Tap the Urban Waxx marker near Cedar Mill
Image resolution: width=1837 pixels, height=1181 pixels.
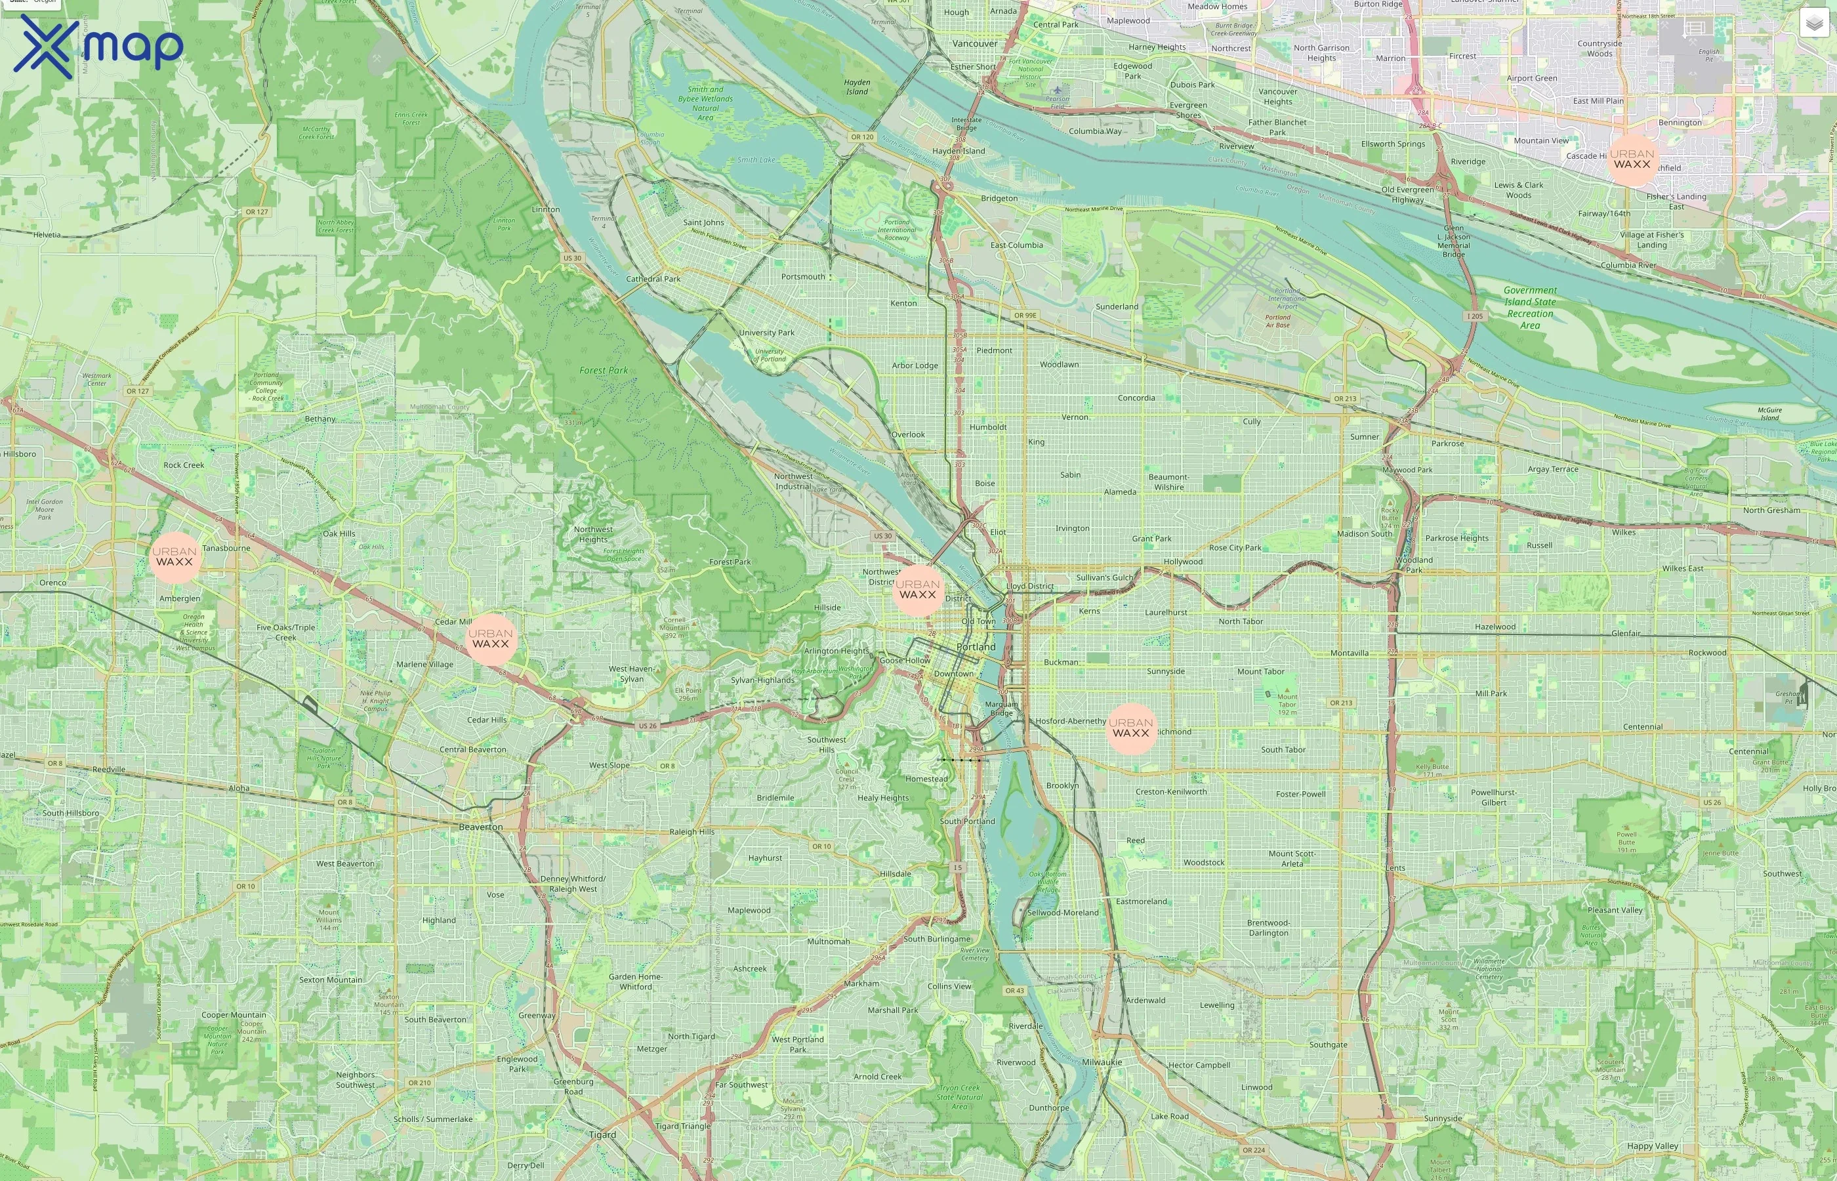pos(491,639)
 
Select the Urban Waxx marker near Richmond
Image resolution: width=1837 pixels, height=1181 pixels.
pos(1131,728)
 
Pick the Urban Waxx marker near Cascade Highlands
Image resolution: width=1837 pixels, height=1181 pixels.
pos(1632,159)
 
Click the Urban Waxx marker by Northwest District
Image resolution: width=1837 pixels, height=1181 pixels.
pos(918,590)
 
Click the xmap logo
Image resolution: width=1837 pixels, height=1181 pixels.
pos(98,46)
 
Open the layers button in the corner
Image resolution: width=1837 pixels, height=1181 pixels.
pos(1814,23)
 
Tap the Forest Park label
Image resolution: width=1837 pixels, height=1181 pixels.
pos(604,371)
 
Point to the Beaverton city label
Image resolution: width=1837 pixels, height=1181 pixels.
pos(481,827)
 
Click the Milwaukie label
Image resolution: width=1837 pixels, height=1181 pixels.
pos(1102,1062)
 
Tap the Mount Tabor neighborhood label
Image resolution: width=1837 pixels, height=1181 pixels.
pos(1260,672)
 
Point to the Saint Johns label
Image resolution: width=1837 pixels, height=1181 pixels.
pos(703,222)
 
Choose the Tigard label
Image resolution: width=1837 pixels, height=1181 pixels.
pos(603,1135)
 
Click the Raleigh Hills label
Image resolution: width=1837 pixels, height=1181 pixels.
pos(691,831)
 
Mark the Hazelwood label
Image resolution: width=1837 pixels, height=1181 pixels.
pos(1495,627)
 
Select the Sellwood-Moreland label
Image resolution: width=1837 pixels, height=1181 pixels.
pos(1063,913)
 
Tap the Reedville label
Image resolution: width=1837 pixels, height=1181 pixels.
pos(109,769)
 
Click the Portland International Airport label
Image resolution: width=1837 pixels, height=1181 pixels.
pos(1287,299)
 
